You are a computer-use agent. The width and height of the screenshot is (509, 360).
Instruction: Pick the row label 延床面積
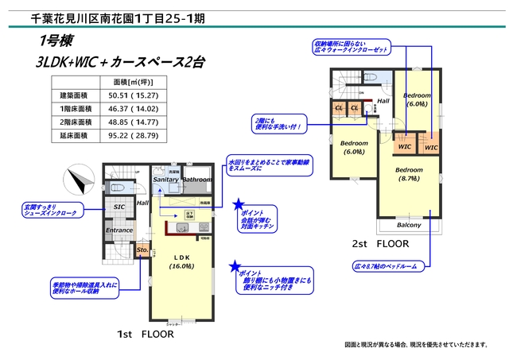[x=76, y=136]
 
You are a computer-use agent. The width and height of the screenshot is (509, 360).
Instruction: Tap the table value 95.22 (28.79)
[x=128, y=136]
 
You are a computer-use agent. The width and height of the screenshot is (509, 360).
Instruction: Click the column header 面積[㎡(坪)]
[x=128, y=82]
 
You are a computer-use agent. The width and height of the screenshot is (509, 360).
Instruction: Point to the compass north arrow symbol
[x=80, y=180]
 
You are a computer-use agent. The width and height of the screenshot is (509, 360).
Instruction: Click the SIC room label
[x=119, y=207]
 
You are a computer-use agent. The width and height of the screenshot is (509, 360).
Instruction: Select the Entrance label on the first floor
[x=119, y=230]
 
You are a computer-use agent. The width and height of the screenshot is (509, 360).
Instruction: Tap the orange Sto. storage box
[x=142, y=251]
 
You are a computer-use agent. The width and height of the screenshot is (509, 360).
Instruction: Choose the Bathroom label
[x=197, y=180]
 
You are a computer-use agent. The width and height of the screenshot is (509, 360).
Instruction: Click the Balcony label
[x=410, y=225]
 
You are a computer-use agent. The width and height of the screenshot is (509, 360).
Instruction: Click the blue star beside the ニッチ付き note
[x=235, y=267]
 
